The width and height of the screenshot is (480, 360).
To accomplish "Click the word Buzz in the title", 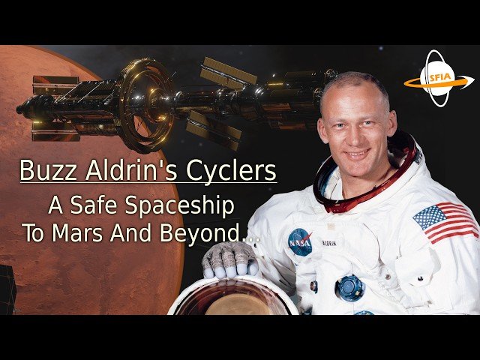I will [43, 170].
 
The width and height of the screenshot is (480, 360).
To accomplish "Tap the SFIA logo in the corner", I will [438, 79].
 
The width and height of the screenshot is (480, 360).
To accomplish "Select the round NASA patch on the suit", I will [301, 241].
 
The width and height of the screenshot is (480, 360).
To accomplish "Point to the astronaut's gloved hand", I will [229, 259].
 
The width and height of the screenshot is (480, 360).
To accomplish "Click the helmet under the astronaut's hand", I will [232, 297].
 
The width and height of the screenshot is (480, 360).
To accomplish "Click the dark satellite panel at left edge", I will [7, 289].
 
